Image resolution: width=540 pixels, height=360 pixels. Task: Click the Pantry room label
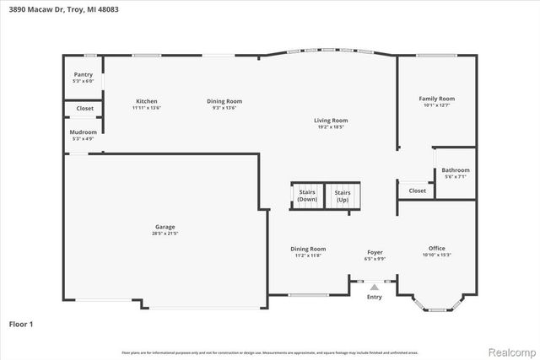click(83, 75)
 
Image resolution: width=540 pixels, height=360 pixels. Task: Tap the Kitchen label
click(147, 101)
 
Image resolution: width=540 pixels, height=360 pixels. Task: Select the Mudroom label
click(83, 132)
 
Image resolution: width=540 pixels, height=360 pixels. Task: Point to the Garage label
click(165, 227)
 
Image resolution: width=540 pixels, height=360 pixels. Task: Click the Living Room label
click(332, 121)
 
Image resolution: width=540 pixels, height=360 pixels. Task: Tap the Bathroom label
click(456, 170)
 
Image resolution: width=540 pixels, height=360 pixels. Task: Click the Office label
click(436, 248)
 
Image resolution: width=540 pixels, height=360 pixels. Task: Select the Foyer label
click(375, 252)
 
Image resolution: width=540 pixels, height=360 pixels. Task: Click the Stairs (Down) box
click(307, 196)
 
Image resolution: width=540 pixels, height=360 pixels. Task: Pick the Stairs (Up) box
click(343, 196)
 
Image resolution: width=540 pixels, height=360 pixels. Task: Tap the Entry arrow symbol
click(375, 287)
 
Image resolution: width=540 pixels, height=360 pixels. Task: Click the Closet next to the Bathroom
click(417, 191)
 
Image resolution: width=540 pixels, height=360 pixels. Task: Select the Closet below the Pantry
click(84, 109)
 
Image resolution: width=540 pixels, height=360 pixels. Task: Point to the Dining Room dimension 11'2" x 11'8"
click(308, 255)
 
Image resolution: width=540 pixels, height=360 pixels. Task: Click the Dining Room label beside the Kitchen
click(224, 101)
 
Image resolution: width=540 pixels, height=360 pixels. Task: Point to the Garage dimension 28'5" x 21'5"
click(165, 234)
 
